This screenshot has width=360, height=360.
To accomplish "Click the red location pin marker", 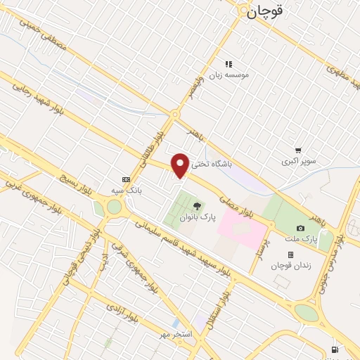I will (x=181, y=165).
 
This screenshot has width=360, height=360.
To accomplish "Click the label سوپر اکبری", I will (x=299, y=161).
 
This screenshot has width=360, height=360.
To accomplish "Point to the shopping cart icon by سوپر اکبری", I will (x=299, y=150).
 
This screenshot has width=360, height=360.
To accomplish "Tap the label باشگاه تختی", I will (x=212, y=162).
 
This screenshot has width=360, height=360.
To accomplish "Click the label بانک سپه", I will (x=127, y=190).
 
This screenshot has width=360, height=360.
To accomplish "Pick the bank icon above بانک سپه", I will (x=126, y=179).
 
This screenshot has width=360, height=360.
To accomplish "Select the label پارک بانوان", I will (x=197, y=218).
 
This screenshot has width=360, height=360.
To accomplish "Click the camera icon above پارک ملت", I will (x=301, y=228).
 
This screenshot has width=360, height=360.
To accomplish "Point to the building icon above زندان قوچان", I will (x=290, y=255).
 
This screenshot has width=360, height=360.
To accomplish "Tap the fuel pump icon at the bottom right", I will (x=334, y=350).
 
